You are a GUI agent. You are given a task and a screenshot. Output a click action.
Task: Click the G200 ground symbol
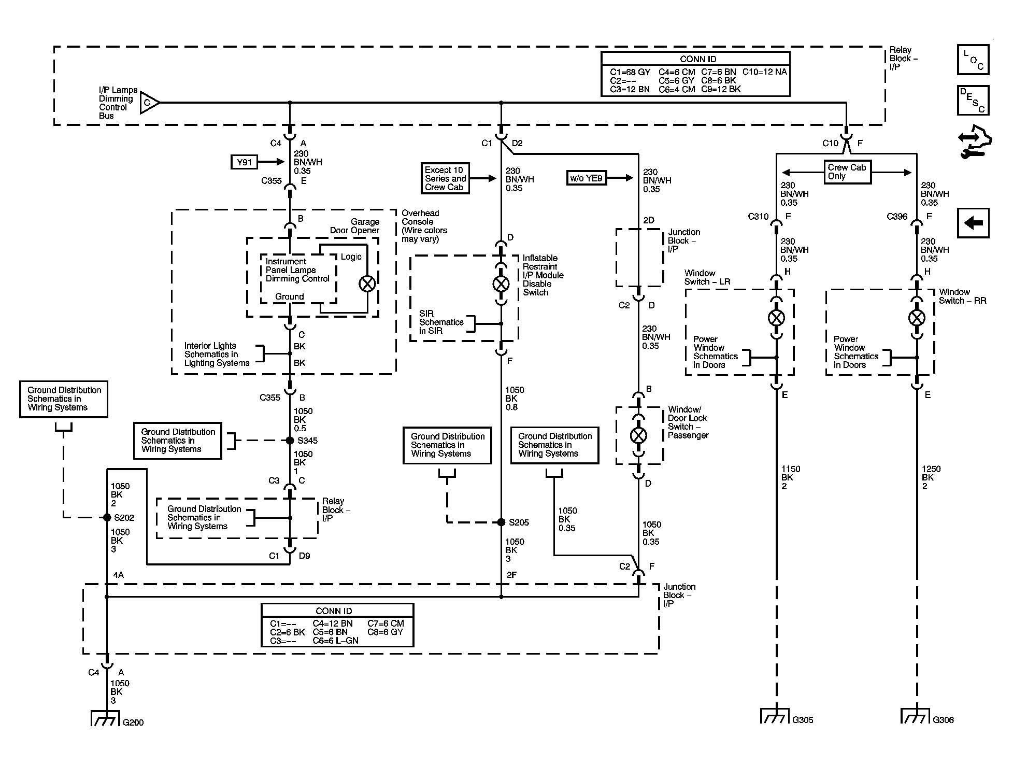(x=106, y=718)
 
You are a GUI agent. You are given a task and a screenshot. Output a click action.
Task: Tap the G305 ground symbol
(x=776, y=716)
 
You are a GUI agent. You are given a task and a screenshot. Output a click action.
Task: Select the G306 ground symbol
(x=916, y=716)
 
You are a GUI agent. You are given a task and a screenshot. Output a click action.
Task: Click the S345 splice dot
(x=290, y=441)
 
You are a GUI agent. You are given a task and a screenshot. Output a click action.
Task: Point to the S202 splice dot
(x=107, y=517)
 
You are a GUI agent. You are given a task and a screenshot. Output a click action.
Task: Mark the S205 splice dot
(x=501, y=522)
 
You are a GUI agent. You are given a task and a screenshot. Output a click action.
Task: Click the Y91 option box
(x=244, y=162)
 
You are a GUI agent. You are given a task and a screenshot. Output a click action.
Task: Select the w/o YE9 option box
(x=587, y=178)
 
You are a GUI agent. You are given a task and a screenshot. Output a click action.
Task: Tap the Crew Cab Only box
(x=847, y=172)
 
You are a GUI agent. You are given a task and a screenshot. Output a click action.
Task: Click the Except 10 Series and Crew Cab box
(x=445, y=179)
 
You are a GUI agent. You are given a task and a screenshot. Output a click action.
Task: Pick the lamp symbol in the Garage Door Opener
(x=367, y=284)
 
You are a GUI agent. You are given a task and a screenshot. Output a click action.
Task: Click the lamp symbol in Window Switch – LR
(x=776, y=318)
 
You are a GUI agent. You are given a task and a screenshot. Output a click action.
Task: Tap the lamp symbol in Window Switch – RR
(x=917, y=318)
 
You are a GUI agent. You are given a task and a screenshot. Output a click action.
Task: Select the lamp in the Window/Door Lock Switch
(x=638, y=435)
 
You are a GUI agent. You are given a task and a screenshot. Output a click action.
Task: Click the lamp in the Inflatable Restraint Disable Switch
(x=501, y=284)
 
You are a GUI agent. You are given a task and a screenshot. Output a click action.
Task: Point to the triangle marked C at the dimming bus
(x=149, y=103)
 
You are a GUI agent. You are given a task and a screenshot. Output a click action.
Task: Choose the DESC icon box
(x=973, y=101)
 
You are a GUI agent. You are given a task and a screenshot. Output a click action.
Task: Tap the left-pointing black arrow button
(x=973, y=223)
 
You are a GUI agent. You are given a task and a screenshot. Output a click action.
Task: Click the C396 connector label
(x=897, y=217)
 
